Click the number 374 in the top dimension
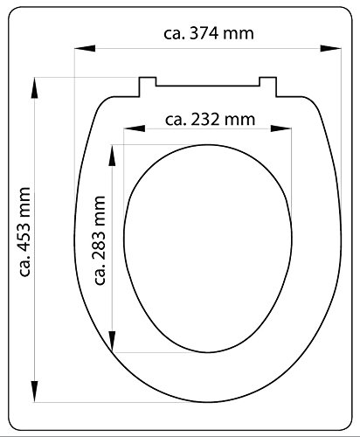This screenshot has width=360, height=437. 204,33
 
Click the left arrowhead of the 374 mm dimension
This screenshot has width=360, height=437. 85,48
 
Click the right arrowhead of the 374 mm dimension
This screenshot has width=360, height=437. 330,48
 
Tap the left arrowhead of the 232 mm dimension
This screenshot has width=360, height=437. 135,128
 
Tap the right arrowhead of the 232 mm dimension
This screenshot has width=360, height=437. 281,128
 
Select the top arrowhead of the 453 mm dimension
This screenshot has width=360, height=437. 35,88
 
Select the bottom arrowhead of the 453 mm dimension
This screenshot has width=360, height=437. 35,392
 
